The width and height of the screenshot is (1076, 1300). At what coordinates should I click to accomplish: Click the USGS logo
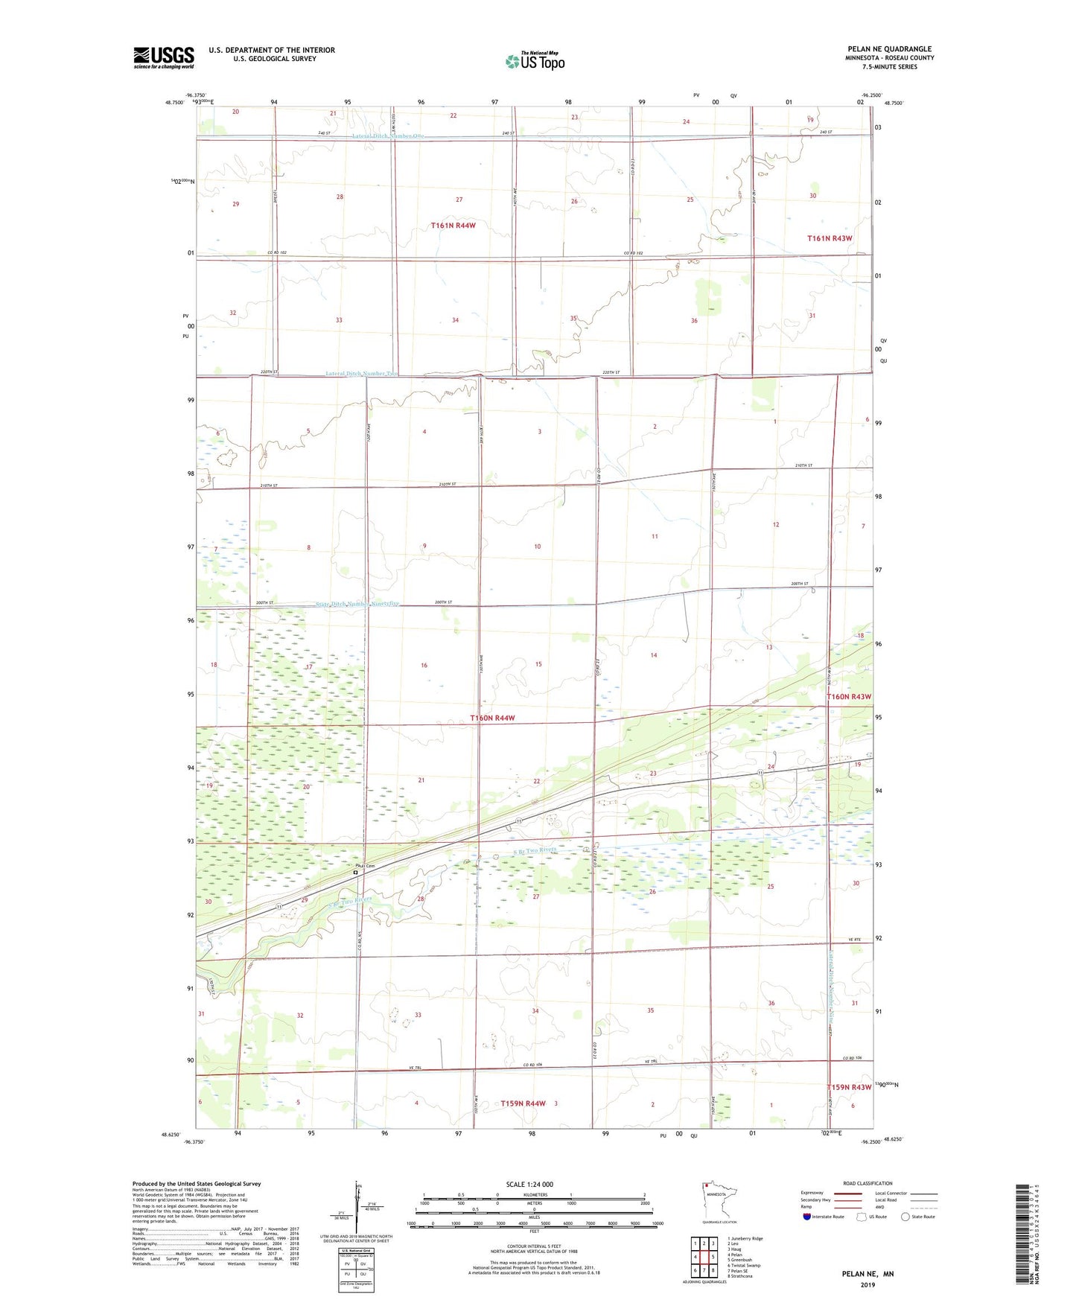click(164, 57)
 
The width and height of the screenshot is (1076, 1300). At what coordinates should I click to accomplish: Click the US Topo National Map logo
click(535, 60)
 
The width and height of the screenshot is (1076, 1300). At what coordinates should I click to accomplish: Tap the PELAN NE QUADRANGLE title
click(889, 49)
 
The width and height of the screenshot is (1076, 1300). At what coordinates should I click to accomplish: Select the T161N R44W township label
click(453, 225)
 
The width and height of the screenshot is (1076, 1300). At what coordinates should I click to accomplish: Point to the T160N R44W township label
click(492, 718)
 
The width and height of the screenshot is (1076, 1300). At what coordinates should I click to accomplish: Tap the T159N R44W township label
click(523, 1103)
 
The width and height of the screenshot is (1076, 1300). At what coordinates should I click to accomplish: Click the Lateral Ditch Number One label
click(388, 136)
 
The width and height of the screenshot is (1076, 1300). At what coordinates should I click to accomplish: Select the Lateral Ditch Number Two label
click(363, 374)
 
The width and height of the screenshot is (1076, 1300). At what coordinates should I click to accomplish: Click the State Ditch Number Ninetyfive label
click(357, 604)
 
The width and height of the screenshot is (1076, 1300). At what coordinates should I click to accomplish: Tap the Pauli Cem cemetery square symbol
click(356, 873)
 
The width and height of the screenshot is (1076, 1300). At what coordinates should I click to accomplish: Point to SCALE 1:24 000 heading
click(529, 1184)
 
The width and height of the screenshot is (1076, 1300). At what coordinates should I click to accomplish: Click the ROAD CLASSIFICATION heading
click(868, 1183)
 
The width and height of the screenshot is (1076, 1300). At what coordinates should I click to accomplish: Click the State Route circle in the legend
click(905, 1217)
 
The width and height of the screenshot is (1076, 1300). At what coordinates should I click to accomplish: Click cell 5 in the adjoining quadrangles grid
click(713, 1257)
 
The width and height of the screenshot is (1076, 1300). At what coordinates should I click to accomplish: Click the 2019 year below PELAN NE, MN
click(868, 1284)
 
